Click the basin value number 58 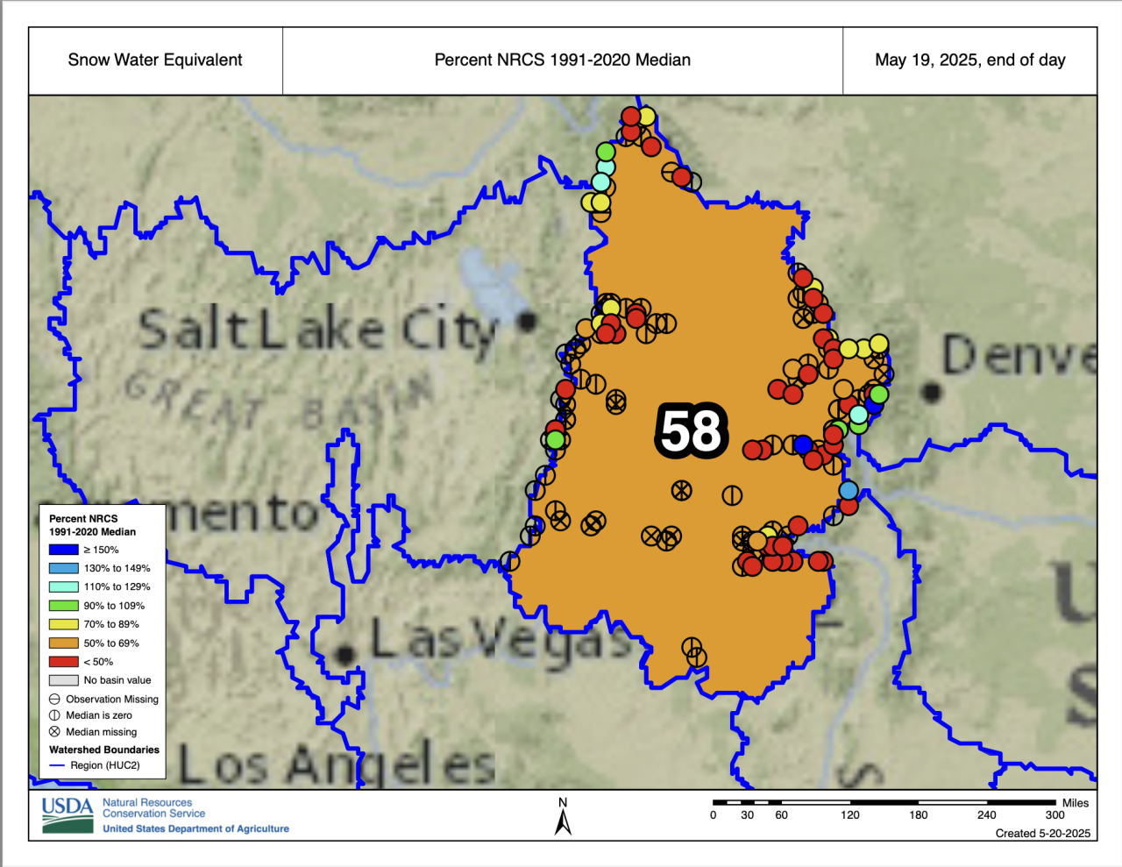[x=692, y=430]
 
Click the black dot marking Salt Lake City [x=527, y=322]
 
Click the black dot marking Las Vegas [x=345, y=654]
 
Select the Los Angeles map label [x=337, y=765]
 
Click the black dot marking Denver [x=932, y=391]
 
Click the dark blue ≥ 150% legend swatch [x=64, y=550]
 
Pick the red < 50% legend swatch [x=64, y=662]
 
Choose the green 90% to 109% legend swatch [x=64, y=606]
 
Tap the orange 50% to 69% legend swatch [x=64, y=643]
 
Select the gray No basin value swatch [x=64, y=680]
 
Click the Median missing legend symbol [x=55, y=732]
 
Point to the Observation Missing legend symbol [x=55, y=700]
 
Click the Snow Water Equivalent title [x=155, y=60]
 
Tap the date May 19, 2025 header [x=969, y=60]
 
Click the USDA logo [x=67, y=814]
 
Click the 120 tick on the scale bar [x=850, y=814]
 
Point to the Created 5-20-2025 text [x=1042, y=833]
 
